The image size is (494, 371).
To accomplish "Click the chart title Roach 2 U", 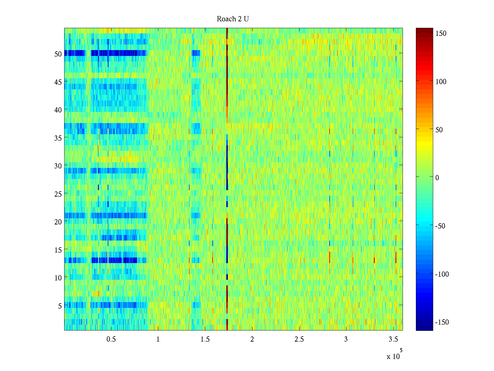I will [233, 19].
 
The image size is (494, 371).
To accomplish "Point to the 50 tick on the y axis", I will [58, 54].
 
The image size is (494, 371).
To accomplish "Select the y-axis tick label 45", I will [58, 82].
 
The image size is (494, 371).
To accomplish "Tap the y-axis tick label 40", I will [58, 110].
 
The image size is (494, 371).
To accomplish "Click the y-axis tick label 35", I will [58, 138].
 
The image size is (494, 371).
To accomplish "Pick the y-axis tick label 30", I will [58, 166].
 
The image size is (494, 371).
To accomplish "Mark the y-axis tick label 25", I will [58, 194].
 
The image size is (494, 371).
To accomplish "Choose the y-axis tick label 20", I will [58, 222].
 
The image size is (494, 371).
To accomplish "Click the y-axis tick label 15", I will [58, 250].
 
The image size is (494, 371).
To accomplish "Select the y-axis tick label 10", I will [58, 278].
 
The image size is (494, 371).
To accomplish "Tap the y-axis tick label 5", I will [60, 306].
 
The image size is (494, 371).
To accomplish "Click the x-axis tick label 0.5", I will [111, 339].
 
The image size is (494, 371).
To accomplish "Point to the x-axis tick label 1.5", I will [205, 339].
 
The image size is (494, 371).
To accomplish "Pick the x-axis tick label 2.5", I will [299, 339].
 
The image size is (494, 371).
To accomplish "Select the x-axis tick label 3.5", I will [393, 339].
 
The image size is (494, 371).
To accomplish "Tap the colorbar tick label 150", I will [441, 33].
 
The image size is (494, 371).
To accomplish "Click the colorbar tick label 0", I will [437, 177].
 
